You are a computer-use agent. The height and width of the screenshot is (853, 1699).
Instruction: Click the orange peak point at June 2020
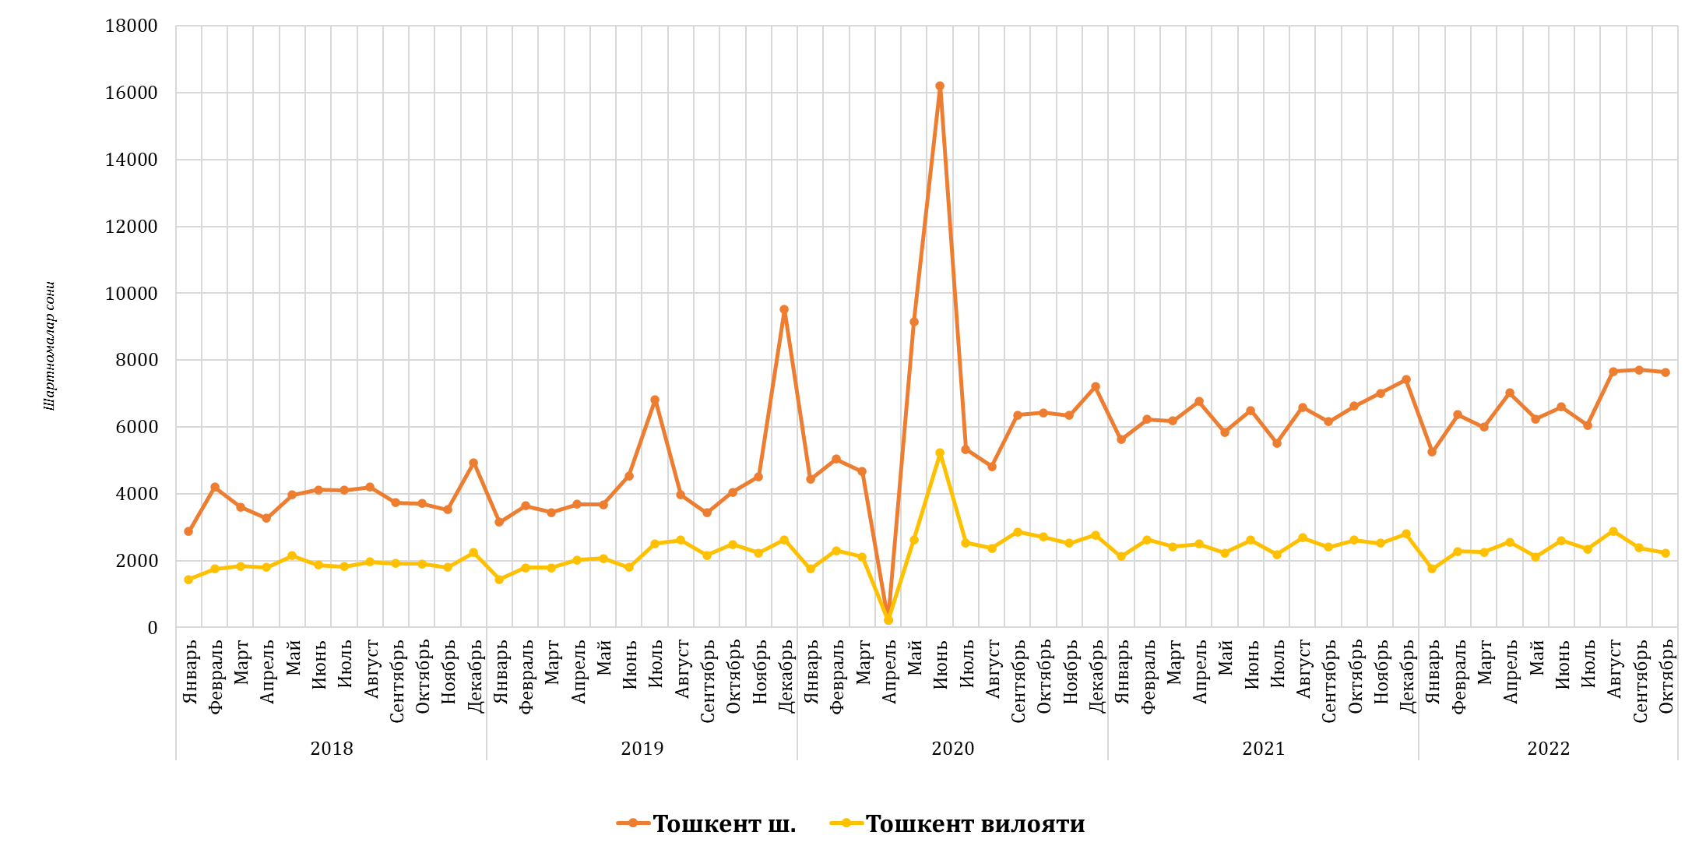tap(940, 86)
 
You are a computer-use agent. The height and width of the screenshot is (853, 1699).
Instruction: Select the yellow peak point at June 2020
tap(940, 453)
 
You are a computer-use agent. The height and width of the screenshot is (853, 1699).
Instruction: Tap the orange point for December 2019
tap(784, 310)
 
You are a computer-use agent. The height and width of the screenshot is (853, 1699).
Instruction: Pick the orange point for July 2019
tap(655, 400)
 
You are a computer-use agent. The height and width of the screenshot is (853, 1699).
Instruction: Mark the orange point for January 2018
tap(188, 531)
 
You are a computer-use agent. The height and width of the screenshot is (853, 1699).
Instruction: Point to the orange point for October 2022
tap(1666, 372)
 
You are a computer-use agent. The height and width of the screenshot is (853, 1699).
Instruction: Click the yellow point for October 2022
tap(1666, 553)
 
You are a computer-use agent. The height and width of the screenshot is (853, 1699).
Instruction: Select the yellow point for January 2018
tap(188, 580)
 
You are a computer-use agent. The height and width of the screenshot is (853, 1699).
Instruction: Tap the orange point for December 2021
tap(1406, 380)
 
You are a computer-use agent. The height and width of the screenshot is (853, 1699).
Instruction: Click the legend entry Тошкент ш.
tap(723, 823)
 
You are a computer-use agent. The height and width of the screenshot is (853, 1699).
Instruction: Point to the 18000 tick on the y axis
tap(132, 26)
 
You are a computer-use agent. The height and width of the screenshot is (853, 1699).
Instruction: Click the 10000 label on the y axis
tap(132, 294)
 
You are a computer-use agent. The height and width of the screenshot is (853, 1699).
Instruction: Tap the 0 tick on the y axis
tap(153, 628)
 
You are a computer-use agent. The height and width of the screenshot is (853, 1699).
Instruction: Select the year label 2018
tap(332, 749)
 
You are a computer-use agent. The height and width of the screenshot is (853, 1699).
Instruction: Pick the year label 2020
tap(953, 749)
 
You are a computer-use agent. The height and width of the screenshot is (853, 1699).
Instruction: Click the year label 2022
tap(1549, 749)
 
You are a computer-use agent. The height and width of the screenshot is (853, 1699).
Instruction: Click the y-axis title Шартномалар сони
tap(50, 346)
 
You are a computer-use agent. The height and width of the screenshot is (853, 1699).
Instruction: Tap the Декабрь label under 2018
tap(475, 676)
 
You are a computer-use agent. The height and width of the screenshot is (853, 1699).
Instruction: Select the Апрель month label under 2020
tap(889, 672)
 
